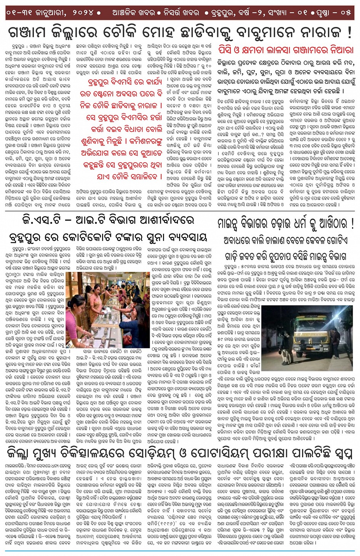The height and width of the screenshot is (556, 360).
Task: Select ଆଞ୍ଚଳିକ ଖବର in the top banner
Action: click(129, 13)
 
